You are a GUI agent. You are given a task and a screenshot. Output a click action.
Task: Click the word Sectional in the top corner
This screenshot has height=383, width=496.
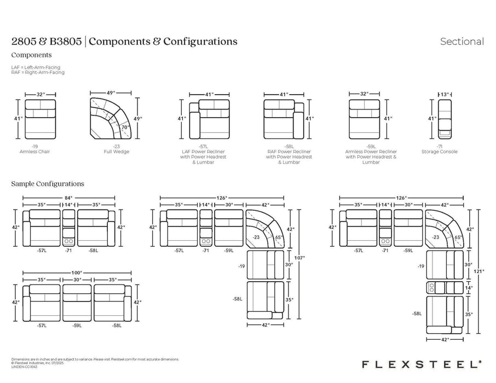(462, 42)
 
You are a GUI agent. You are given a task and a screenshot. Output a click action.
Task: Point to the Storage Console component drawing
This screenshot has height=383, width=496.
(446, 119)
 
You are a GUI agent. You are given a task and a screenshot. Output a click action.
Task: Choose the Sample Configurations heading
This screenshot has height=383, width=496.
(48, 184)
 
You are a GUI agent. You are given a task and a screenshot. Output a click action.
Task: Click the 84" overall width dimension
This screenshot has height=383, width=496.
(68, 198)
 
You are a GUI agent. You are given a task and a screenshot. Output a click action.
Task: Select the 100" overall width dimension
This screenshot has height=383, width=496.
(76, 272)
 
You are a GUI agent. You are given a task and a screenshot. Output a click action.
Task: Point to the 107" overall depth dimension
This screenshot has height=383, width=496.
(299, 257)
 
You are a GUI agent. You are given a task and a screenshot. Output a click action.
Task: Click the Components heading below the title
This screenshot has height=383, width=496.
(31, 55)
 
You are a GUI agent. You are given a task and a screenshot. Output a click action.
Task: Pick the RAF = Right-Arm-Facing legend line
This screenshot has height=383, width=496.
(38, 72)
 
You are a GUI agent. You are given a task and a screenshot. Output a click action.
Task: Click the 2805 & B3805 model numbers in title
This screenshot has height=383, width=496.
(46, 42)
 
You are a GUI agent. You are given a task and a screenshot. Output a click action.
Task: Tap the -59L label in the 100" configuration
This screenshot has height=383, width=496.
(77, 325)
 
